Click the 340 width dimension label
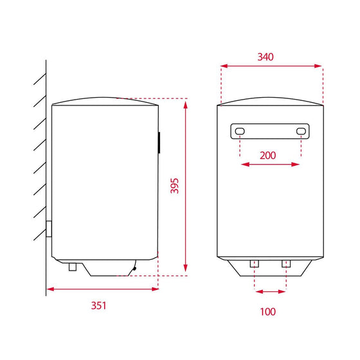coord(265,57)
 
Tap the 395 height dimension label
coord(174,186)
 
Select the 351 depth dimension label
coord(99,305)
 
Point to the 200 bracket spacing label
coord(267,156)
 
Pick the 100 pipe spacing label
coord(267,312)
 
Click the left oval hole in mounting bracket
coord(240,132)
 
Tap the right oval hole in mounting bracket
coord(301,132)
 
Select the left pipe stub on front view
coord(255,264)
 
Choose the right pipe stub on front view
coord(286,264)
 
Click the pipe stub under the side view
coord(73,267)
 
